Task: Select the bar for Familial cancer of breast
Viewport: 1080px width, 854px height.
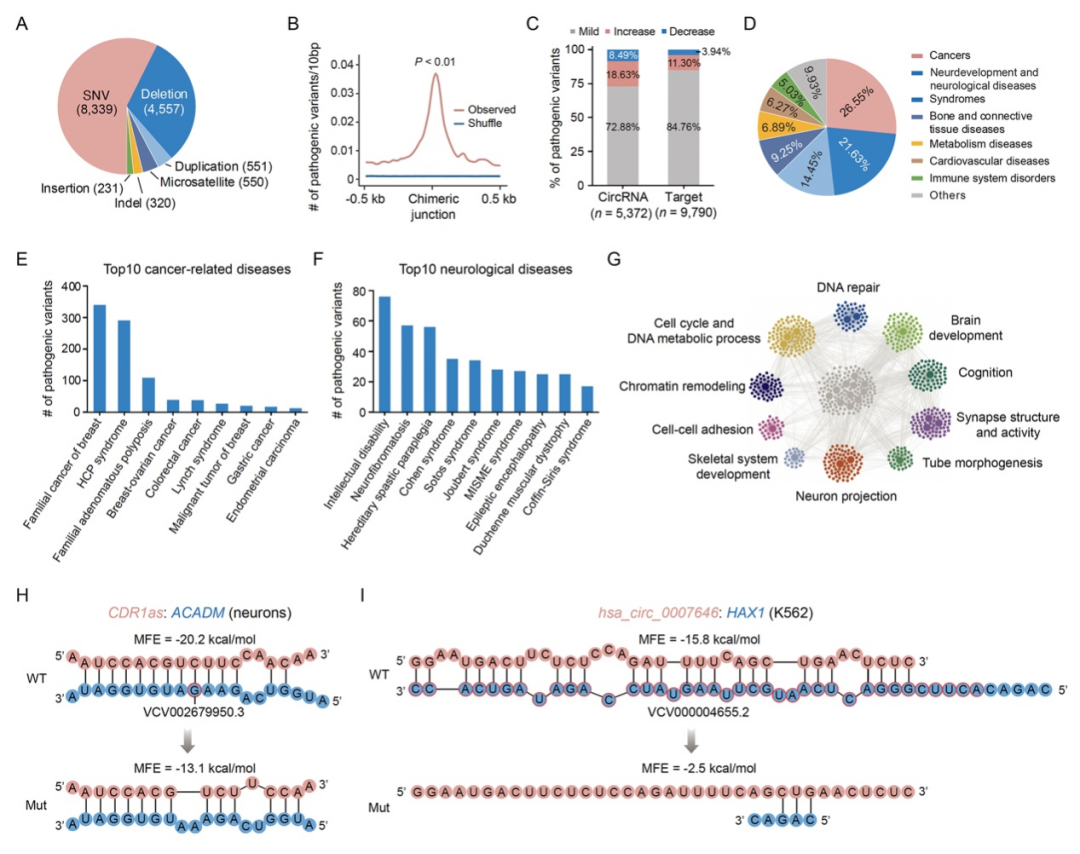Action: pos(99,357)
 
